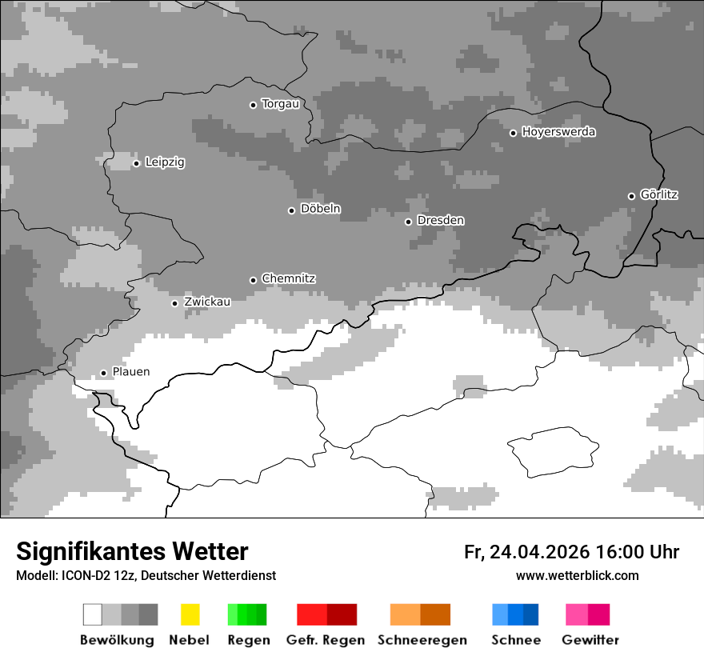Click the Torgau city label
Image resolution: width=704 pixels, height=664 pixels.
click(x=280, y=104)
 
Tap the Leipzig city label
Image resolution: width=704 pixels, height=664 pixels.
click(x=165, y=162)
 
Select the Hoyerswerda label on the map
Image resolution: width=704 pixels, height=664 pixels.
click(x=558, y=132)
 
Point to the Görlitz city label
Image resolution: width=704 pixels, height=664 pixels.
click(x=659, y=194)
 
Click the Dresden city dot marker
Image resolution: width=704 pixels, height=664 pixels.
click(x=408, y=221)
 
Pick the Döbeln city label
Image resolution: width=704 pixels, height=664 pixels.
click(x=320, y=209)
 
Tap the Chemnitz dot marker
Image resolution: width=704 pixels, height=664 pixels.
click(x=254, y=280)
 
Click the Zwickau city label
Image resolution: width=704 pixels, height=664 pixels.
click(x=207, y=302)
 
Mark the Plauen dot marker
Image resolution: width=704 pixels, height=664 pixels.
click(x=103, y=373)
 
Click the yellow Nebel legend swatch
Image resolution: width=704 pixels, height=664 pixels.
click(x=190, y=614)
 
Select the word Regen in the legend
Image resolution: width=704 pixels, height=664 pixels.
click(x=249, y=640)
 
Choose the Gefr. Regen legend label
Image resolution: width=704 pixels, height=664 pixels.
click(x=326, y=640)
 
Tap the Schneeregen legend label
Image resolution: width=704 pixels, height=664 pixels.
click(x=422, y=640)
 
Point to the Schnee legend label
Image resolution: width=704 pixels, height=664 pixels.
click(x=516, y=640)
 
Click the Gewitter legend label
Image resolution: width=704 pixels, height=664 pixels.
click(x=590, y=640)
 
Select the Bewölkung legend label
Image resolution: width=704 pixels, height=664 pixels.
click(x=117, y=640)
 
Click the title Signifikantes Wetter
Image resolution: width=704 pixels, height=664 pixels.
click(x=132, y=552)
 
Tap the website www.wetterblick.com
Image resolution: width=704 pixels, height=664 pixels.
click(x=577, y=576)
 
